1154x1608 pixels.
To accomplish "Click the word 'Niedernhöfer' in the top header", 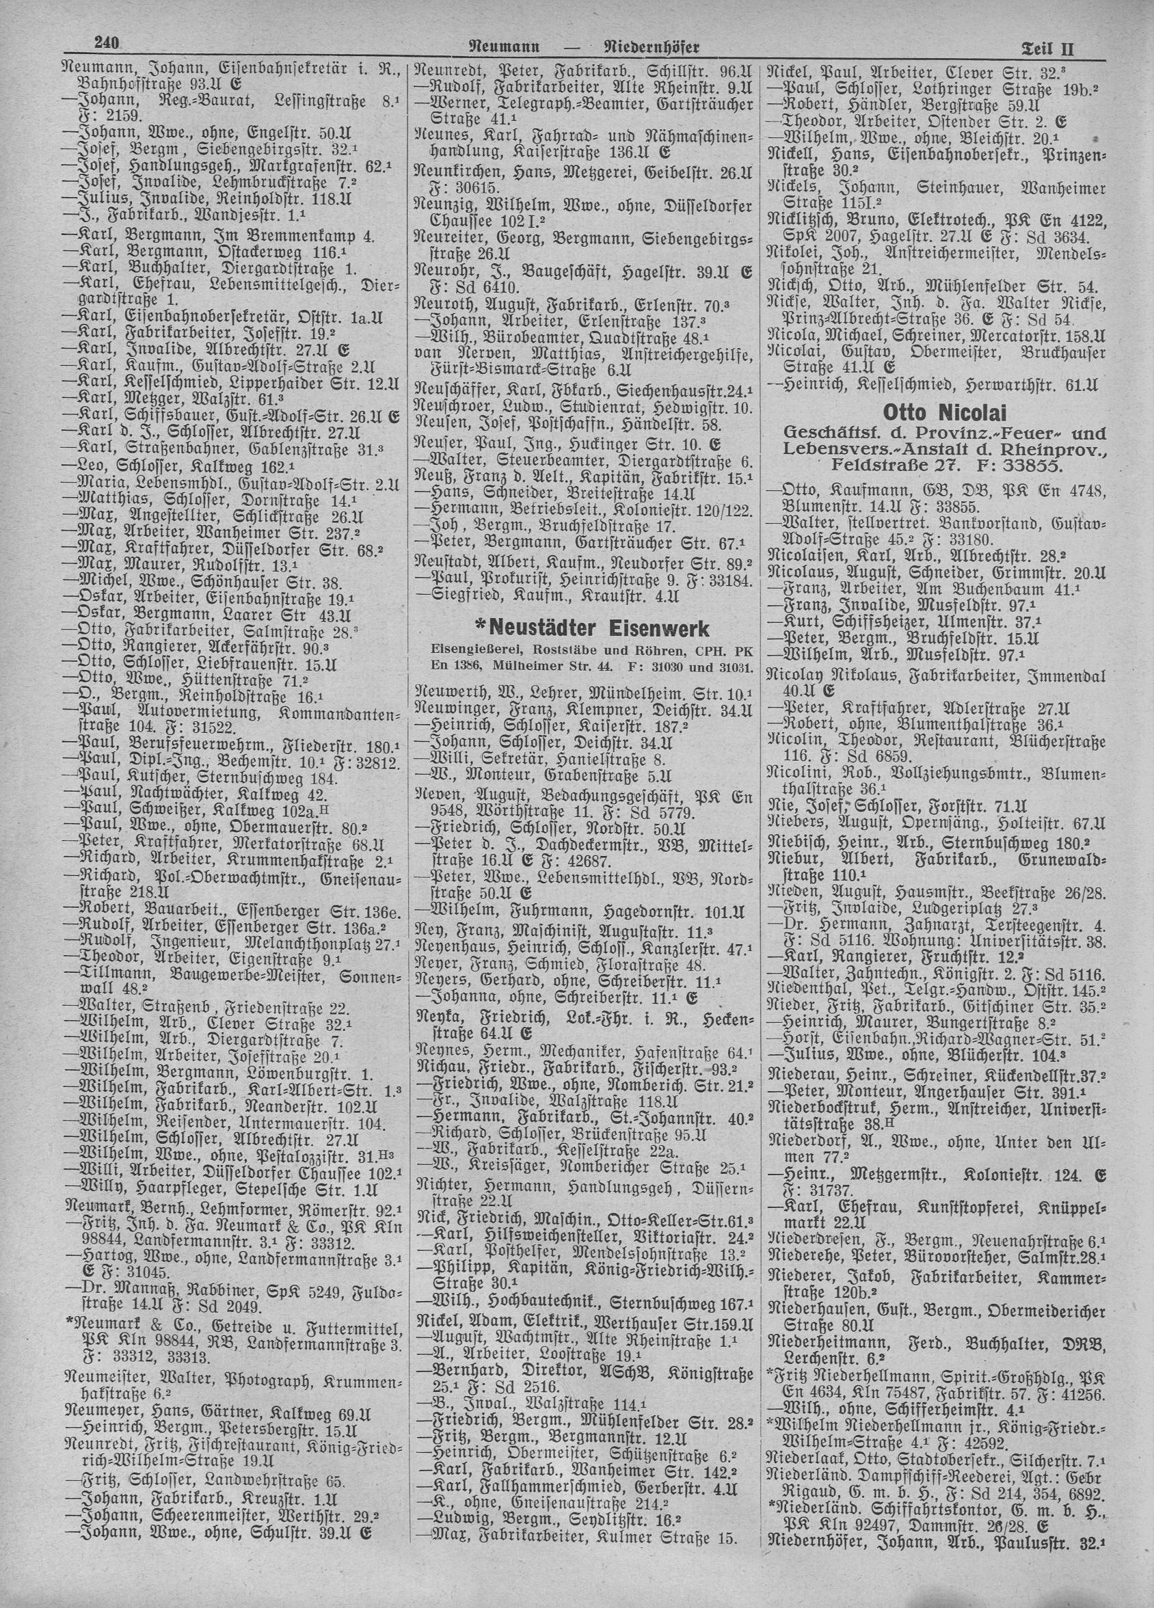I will pos(650,47).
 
